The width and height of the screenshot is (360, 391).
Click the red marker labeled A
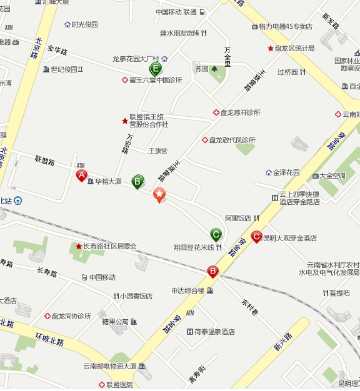pos(81,176)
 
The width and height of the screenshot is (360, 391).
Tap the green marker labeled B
pos(137,181)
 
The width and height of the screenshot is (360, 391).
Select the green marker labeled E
pos(155,69)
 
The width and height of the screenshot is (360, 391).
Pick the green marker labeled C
pos(216,234)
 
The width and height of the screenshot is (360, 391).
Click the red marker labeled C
pos(256,237)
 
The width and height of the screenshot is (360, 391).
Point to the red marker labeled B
pos(213,271)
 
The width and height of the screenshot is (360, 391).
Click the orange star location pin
pos(160,195)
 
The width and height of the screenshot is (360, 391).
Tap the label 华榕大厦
pos(108,182)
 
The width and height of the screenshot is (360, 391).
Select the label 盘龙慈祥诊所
pos(240,112)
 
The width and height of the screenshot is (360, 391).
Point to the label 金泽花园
pos(286,172)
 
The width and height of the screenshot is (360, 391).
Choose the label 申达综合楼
pos(188,290)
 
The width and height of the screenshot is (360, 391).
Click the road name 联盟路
pos(45,162)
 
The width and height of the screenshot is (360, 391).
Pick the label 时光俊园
pos(85,24)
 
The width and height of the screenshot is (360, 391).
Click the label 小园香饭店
pos(136,296)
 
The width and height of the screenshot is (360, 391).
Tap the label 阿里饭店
pos(237,218)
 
